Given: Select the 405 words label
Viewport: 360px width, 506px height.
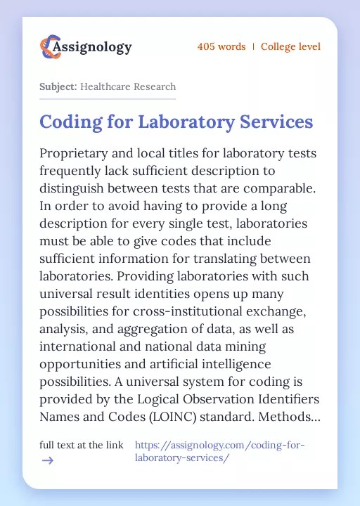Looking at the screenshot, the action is pos(221,47).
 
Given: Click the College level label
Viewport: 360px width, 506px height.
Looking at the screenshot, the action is pos(290,47).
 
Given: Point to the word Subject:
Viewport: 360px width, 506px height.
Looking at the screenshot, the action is pos(58,86).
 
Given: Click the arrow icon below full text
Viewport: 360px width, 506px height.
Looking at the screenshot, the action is pos(47,460).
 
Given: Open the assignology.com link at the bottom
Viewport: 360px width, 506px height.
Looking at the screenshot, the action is pos(219,451).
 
